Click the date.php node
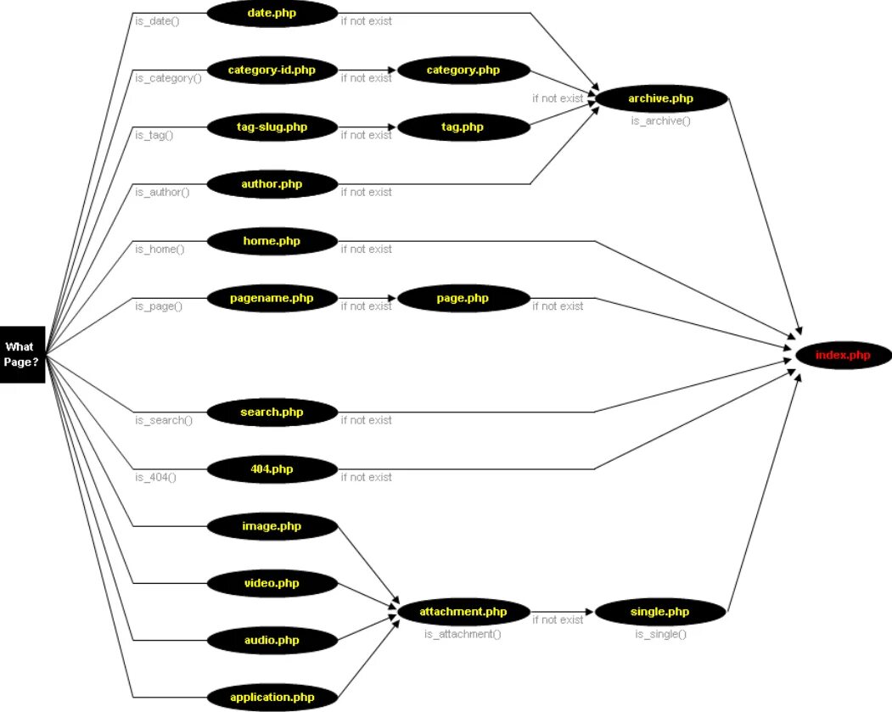[272, 13]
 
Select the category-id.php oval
[272, 70]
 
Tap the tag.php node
[463, 127]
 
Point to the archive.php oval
[661, 99]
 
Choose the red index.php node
[843, 355]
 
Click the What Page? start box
[22, 354]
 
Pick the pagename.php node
[272, 298]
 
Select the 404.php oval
[272, 468]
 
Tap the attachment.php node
[463, 611]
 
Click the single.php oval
[660, 611]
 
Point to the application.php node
[272, 698]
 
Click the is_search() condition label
[164, 420]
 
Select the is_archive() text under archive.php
[660, 121]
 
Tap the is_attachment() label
[463, 634]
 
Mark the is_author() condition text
[162, 192]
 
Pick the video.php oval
[272, 583]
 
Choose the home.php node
[272, 241]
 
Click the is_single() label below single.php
[660, 634]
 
